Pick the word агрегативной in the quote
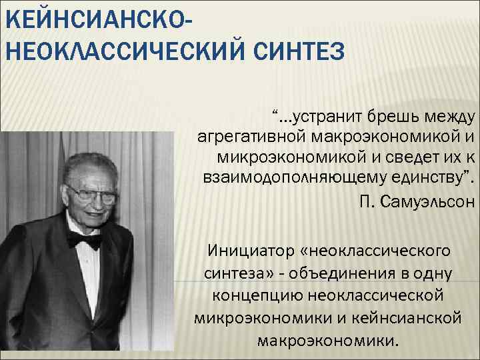tap(250, 136)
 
